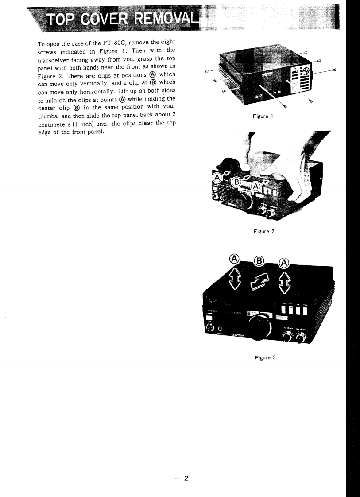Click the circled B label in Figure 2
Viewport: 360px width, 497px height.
point(237,182)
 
